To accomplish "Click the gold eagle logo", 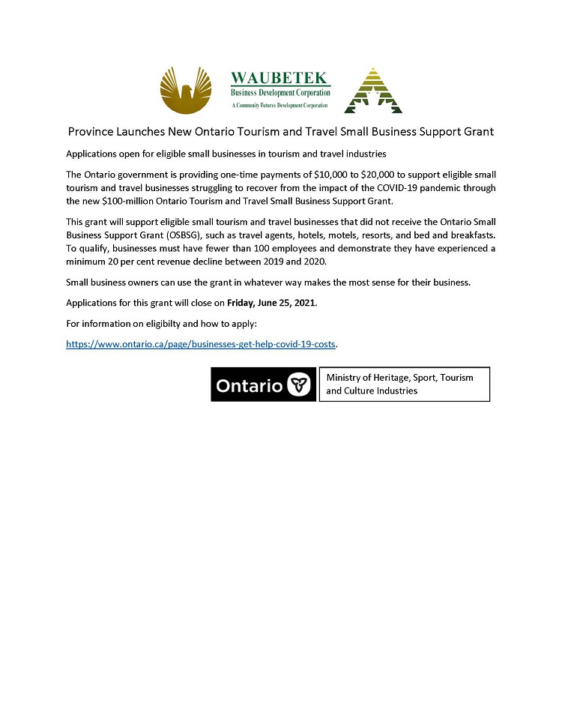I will (186, 90).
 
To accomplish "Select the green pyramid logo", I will (372, 91).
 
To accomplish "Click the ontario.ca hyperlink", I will (201, 343).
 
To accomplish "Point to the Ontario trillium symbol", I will (299, 385).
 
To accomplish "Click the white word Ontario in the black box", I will (249, 385).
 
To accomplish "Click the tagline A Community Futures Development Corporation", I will (280, 106).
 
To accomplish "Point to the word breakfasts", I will (471, 235).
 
